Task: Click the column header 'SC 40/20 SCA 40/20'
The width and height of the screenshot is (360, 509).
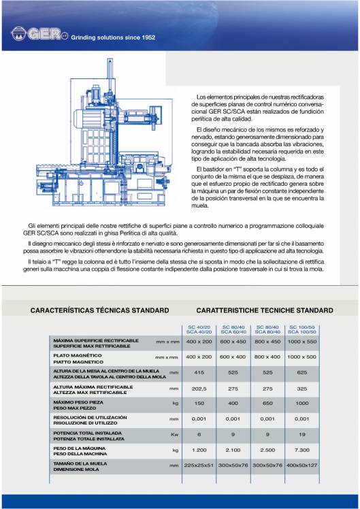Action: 200,329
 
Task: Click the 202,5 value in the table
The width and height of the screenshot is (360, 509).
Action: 200,387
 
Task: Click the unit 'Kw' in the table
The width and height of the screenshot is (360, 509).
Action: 174,433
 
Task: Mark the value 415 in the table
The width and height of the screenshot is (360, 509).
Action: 200,372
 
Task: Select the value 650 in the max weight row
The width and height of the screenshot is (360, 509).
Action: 267,402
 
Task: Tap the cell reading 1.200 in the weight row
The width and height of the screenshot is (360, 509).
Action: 200,450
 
